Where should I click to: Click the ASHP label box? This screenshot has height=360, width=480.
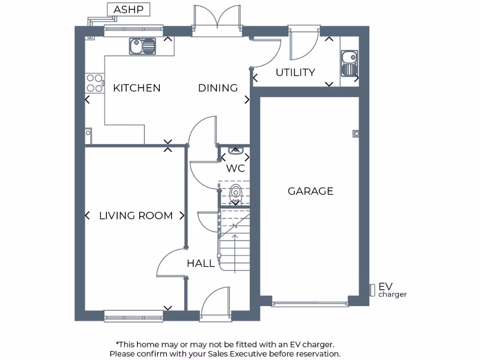[x=128, y=9]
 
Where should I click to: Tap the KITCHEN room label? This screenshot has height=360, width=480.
[x=137, y=88]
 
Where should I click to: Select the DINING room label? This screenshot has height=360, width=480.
[x=218, y=88]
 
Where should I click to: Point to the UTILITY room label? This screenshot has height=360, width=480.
[x=295, y=73]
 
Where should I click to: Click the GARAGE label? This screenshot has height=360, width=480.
[x=310, y=191]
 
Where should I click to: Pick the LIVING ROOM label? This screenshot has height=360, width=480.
[x=136, y=216]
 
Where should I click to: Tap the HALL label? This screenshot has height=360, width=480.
[x=201, y=263]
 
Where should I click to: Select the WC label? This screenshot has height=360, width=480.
[x=235, y=168]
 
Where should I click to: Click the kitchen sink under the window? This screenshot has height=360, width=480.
[x=142, y=46]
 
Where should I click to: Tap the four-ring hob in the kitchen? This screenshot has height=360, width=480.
[x=95, y=83]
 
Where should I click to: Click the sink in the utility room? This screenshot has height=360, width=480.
[x=349, y=63]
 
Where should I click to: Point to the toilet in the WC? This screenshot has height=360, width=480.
[x=235, y=193]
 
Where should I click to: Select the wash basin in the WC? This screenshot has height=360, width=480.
[x=235, y=150]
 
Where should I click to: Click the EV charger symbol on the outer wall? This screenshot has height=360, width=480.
[x=372, y=290]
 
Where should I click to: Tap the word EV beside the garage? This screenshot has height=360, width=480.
[x=385, y=286]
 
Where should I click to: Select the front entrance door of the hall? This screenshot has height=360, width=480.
[x=215, y=305]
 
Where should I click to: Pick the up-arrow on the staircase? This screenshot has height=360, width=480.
[x=234, y=244]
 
